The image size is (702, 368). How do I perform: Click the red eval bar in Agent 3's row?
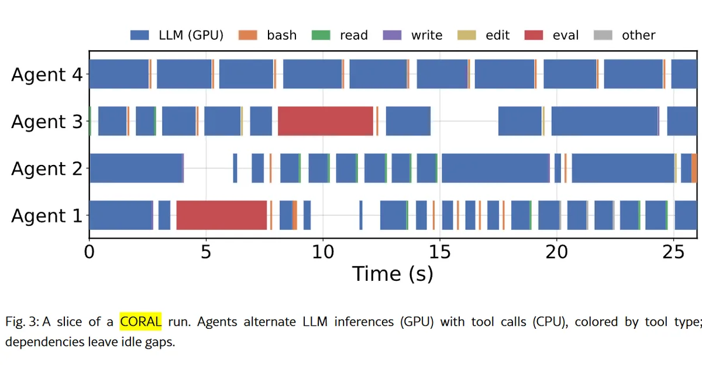(325, 121)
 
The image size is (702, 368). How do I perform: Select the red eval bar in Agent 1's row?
(222, 215)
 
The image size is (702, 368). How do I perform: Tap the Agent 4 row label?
(47, 74)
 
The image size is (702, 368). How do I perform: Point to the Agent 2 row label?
(47, 168)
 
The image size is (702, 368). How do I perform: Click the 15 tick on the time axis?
(440, 252)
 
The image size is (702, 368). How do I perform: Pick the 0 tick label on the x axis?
(90, 252)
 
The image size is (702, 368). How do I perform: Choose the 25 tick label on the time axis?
(673, 252)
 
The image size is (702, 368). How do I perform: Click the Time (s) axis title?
(393, 274)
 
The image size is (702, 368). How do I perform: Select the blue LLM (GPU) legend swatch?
(139, 35)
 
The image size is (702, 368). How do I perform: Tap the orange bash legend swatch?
(247, 35)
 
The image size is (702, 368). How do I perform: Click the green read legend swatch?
(321, 35)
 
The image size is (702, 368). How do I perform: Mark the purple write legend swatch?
(392, 35)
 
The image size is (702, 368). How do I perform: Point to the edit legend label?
(498, 35)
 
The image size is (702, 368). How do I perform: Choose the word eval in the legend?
(566, 35)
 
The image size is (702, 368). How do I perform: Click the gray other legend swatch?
(603, 35)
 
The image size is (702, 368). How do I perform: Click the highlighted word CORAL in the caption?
(141, 322)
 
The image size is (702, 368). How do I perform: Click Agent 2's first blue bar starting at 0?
(136, 168)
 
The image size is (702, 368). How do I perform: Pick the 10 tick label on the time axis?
(323, 252)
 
